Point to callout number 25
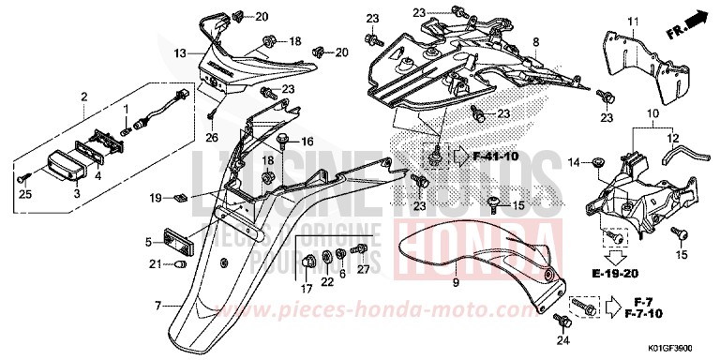point(24,193)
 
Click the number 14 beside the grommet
point(573,163)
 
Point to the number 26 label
point(212,137)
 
